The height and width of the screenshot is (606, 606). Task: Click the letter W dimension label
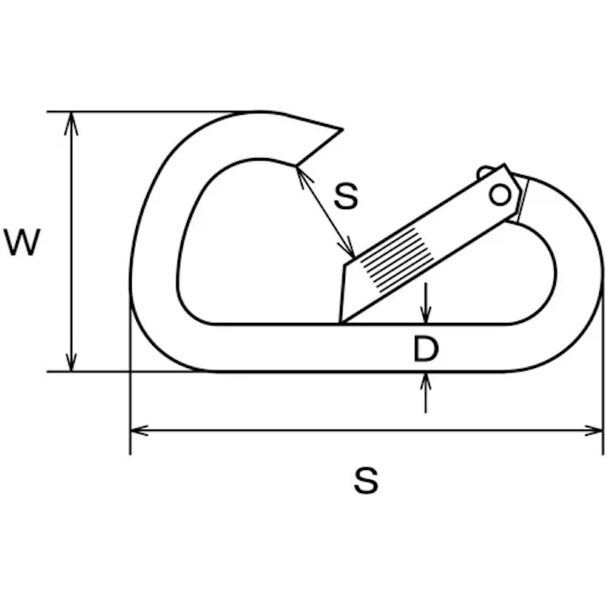(22, 242)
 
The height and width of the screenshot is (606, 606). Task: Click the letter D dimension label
(426, 348)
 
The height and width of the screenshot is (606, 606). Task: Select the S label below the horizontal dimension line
(365, 480)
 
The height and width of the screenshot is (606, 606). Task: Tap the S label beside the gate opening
(346, 196)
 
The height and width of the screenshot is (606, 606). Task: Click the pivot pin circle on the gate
(500, 195)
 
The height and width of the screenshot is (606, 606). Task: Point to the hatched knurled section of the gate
(397, 260)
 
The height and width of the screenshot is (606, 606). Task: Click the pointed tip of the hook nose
(343, 129)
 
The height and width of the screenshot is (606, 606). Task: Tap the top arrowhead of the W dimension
(71, 124)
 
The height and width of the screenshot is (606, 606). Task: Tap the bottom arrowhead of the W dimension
(71, 360)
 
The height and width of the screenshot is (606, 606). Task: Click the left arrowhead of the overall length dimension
(139, 430)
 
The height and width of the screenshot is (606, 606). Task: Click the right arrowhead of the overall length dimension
(593, 430)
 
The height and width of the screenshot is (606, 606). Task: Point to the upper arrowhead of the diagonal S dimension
(303, 176)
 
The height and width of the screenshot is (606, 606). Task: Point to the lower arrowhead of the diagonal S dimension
(348, 247)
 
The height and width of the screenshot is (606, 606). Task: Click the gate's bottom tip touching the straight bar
(341, 322)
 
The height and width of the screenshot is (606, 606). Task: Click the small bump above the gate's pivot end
(484, 171)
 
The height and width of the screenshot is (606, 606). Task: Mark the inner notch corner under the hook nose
(296, 166)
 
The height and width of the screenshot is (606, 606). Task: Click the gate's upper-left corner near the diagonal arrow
(345, 265)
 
